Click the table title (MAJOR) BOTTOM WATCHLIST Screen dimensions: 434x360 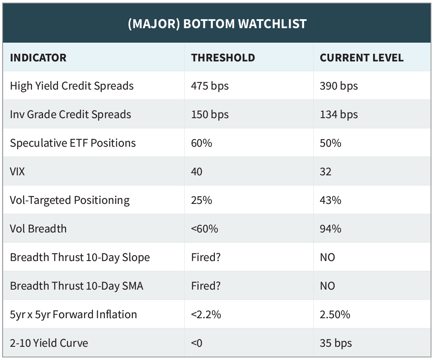(x=217, y=24)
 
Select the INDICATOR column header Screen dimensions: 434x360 (x=38, y=58)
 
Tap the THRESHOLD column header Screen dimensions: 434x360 (x=223, y=58)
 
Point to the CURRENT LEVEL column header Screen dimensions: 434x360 (x=362, y=58)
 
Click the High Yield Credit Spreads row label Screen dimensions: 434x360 (x=72, y=86)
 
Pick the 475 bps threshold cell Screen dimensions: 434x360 (x=210, y=86)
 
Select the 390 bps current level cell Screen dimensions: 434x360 (x=339, y=86)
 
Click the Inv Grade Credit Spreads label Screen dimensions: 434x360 (x=71, y=115)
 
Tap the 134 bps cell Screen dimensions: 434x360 (x=339, y=115)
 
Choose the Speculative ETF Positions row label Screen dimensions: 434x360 (x=73, y=143)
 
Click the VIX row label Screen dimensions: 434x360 (x=17, y=172)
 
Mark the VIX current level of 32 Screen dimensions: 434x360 (x=326, y=172)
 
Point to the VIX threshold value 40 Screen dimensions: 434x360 (x=197, y=172)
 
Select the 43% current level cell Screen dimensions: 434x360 (x=330, y=200)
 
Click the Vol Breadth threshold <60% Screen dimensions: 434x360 (x=205, y=229)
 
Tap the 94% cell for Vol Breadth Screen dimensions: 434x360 (x=330, y=229)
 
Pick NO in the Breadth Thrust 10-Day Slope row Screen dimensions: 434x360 (x=327, y=258)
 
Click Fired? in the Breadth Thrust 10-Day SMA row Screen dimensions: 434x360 (x=206, y=286)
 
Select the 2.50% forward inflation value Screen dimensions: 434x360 (x=335, y=315)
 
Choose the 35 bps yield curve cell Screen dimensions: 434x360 (x=336, y=343)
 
